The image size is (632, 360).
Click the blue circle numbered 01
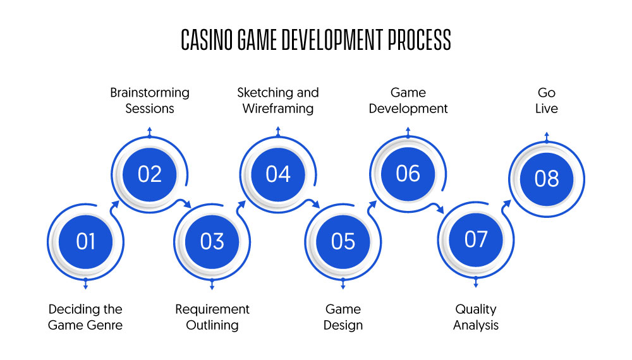[85, 242]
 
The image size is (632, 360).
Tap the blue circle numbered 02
[150, 174]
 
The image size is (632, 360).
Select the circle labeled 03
[212, 242]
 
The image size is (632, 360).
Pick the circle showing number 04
[278, 174]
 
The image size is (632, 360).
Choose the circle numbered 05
[343, 242]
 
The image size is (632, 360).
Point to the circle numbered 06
[408, 174]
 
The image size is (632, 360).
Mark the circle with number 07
[476, 239]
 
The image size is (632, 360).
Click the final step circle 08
[547, 179]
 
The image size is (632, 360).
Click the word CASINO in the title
[207, 40]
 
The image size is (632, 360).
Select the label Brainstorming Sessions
[150, 100]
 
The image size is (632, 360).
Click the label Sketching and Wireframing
[278, 100]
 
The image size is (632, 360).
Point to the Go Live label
[547, 100]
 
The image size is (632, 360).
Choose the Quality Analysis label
[476, 317]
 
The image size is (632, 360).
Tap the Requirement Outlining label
[212, 317]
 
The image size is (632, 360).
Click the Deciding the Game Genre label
[85, 317]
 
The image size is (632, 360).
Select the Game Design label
[343, 317]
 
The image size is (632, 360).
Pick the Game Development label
[408, 100]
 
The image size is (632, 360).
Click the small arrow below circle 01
[85, 284]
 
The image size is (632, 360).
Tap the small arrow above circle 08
[547, 137]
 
